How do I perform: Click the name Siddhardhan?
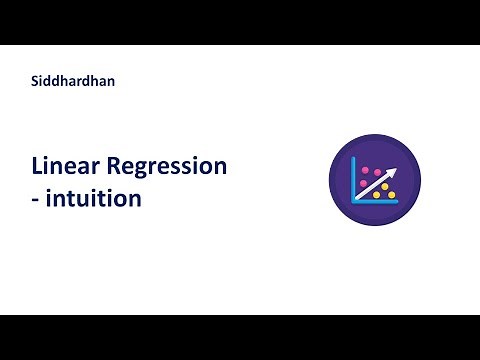click(x=73, y=81)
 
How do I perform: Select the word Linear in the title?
click(x=65, y=167)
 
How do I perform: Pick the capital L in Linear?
click(x=37, y=167)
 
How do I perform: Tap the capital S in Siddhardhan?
click(x=36, y=81)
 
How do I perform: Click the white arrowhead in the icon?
click(x=394, y=171)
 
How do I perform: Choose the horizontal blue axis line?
click(x=375, y=202)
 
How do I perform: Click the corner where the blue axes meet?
click(x=353, y=202)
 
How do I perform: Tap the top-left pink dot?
click(x=365, y=170)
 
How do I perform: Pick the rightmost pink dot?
click(x=377, y=172)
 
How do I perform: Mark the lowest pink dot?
click(x=363, y=183)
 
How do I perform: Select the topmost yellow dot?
click(x=385, y=186)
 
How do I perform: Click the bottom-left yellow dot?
click(x=376, y=195)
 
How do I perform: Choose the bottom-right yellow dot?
click(x=391, y=195)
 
